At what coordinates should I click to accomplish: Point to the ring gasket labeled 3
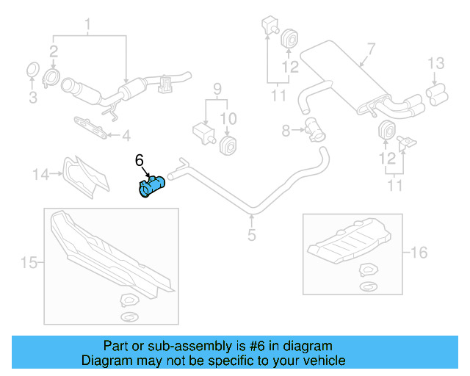tap(32, 70)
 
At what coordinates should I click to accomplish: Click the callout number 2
tap(54, 51)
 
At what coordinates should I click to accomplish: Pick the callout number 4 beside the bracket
tap(126, 134)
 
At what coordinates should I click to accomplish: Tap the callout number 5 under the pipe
tap(251, 236)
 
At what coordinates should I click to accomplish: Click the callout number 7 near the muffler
tap(370, 49)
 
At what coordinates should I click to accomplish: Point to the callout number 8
tap(286, 131)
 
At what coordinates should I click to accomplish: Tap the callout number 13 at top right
tap(436, 62)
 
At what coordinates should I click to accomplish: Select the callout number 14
tap(40, 174)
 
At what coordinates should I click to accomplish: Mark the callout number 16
tap(419, 253)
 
